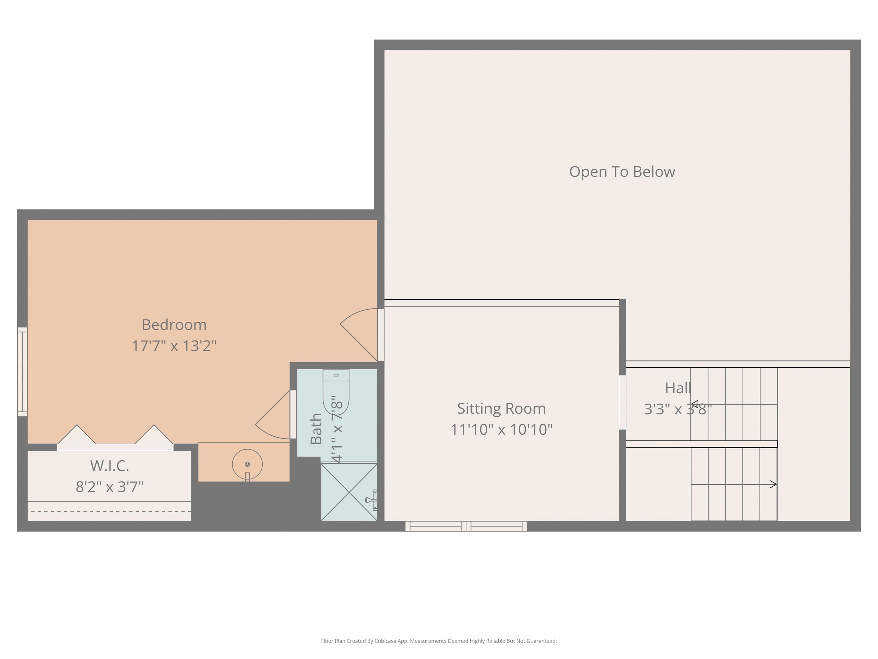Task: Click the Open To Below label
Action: [x=622, y=172]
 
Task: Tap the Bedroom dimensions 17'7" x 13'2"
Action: [x=174, y=346]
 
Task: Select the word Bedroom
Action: [x=174, y=325]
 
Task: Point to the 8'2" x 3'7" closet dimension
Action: [x=109, y=487]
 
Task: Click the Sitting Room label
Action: [x=502, y=408]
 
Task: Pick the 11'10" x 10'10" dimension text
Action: [x=502, y=429]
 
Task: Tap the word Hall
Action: [x=678, y=388]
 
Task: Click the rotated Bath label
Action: [x=316, y=429]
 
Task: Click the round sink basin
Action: [x=247, y=464]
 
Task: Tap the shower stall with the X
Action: [x=349, y=492]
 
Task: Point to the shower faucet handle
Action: [x=372, y=500]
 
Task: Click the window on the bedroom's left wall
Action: [x=22, y=372]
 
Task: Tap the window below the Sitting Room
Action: [x=466, y=526]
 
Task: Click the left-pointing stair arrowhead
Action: [x=695, y=404]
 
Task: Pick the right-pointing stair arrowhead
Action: [x=773, y=484]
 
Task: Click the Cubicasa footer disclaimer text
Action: [x=439, y=641]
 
